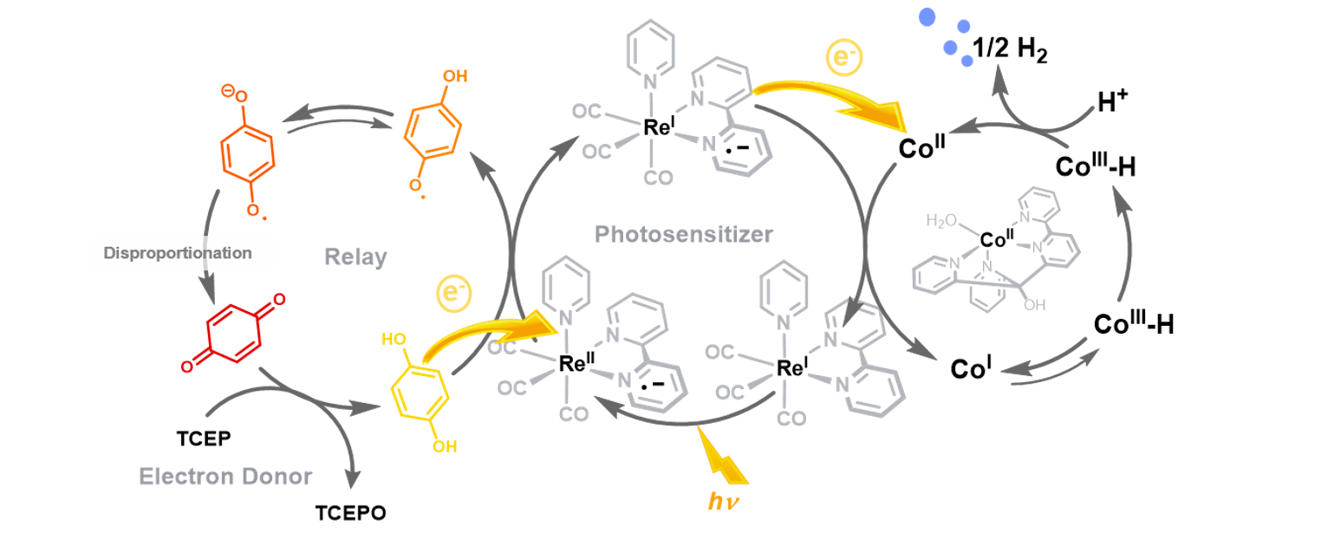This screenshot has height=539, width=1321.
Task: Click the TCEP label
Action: (x=205, y=438)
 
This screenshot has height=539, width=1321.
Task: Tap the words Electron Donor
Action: (x=226, y=476)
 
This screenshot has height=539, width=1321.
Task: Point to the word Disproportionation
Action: (x=178, y=254)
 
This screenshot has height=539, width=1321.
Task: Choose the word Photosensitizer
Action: (x=684, y=234)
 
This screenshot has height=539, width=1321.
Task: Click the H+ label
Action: (x=1114, y=104)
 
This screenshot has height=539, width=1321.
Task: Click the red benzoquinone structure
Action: (x=231, y=334)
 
